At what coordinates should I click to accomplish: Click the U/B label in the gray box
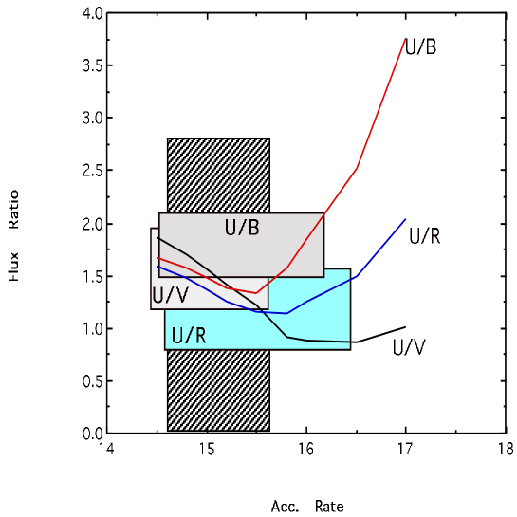pos(242,228)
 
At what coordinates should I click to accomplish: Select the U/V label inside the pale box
pos(171,295)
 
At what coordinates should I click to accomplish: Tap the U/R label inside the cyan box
pos(189,336)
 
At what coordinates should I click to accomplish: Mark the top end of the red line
pos(406,38)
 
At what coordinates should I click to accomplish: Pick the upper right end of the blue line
pos(406,219)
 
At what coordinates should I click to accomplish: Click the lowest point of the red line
pos(256,293)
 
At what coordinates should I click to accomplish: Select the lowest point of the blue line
pos(286,313)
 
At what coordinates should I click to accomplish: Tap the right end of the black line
pos(350,342)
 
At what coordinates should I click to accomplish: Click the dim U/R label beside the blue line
pos(424,236)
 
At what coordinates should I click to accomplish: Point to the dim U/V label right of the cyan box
pos(409,348)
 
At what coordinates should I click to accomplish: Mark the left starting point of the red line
pos(157,257)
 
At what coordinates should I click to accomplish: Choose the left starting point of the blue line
pos(157,267)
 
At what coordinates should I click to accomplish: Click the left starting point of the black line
pos(158,238)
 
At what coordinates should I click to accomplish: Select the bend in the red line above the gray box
pos(357,168)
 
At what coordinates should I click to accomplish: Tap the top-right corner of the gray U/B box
pos(323,214)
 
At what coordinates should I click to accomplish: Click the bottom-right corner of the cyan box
pos(350,348)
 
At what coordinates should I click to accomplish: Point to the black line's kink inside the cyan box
pos(287,337)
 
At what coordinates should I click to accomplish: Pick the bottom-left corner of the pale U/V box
pos(152,308)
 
